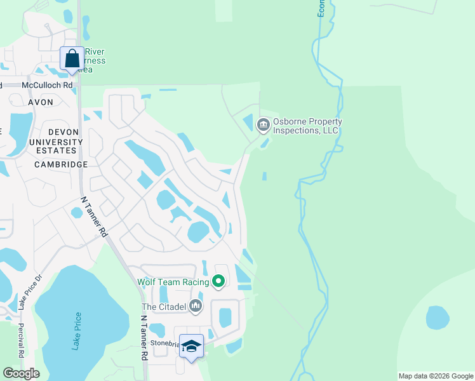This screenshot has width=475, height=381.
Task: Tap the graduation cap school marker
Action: [x=191, y=346]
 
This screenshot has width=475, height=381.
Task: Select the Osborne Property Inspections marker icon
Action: [x=264, y=125]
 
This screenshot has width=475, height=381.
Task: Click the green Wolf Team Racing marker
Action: [x=219, y=281]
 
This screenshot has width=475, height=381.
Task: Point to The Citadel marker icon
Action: [x=196, y=307]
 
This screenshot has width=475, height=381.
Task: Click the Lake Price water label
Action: [x=77, y=331]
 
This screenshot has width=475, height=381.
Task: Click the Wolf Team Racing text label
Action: [x=173, y=281]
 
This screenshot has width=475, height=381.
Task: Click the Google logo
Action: [x=21, y=373]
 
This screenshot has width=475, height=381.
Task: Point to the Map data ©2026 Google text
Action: [x=436, y=376]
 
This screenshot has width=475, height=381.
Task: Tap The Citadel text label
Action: [x=163, y=307]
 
